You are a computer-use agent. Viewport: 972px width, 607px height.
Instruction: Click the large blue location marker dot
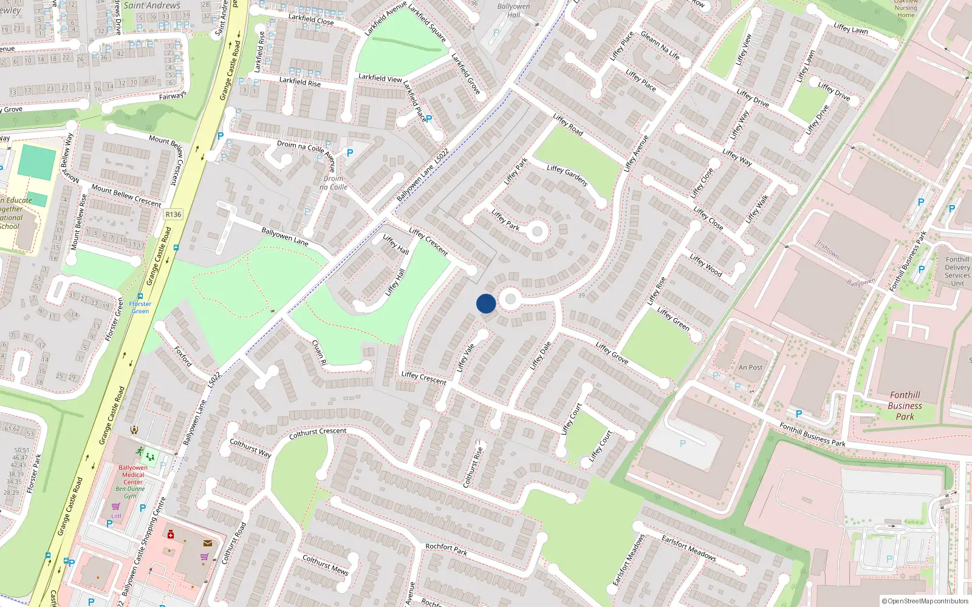(486, 303)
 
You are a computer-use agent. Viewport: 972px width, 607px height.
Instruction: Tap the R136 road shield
(173, 214)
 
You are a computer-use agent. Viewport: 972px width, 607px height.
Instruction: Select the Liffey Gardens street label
(567, 175)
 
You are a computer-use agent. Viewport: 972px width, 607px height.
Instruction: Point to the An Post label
(750, 367)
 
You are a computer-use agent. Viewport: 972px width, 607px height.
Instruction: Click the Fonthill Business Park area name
(905, 405)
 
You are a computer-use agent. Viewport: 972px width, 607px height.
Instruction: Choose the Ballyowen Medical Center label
(133, 475)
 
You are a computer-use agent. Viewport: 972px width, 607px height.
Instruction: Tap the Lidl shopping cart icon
(115, 507)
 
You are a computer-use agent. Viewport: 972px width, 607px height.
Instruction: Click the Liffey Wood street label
(706, 265)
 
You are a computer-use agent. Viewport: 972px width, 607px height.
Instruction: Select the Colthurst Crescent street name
(318, 433)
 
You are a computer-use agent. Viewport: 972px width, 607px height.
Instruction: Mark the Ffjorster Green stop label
(140, 307)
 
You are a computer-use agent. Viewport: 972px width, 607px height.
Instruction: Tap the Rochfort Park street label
(447, 549)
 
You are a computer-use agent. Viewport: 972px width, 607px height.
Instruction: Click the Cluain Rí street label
(319, 352)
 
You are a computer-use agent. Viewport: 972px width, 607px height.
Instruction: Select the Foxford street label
(183, 356)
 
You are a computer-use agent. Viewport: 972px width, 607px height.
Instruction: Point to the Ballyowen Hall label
(513, 10)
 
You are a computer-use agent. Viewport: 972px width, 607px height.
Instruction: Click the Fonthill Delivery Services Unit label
(957, 271)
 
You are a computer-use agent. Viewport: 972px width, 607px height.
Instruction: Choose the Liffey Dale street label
(540, 355)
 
